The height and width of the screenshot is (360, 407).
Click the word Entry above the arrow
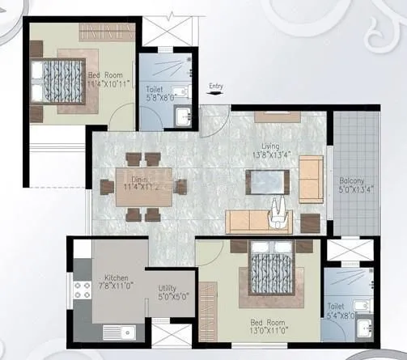(x=216, y=85)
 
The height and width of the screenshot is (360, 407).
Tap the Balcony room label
(x=352, y=180)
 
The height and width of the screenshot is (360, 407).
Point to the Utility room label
(x=167, y=288)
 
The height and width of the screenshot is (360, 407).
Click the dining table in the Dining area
(x=142, y=188)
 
